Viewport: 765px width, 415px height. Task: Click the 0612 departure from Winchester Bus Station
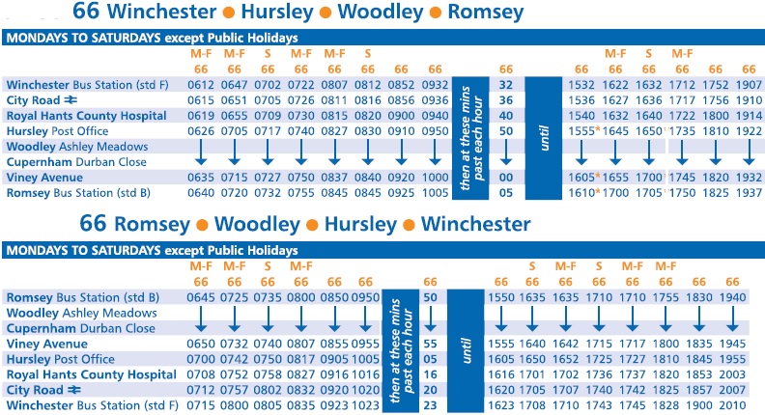[201, 85]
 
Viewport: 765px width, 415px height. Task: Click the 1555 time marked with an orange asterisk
[581, 130]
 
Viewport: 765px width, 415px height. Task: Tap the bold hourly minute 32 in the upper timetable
[504, 85]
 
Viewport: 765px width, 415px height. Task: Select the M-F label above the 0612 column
[201, 54]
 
